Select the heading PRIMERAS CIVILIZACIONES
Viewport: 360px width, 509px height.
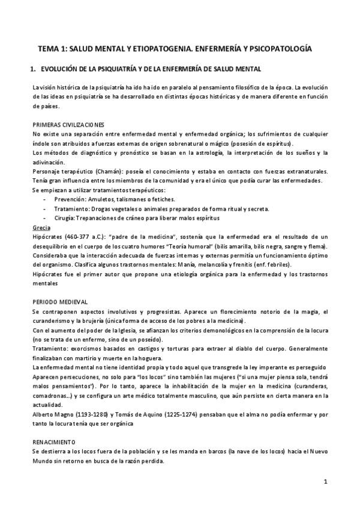pyautogui.click(x=69, y=124)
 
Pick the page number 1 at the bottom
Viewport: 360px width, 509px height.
pyautogui.click(x=325, y=482)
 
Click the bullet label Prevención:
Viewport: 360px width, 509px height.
pyautogui.click(x=71, y=198)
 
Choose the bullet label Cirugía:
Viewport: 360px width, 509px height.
pyautogui.click(x=65, y=218)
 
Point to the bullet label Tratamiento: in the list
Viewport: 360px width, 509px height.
pyautogui.click(x=73, y=208)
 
